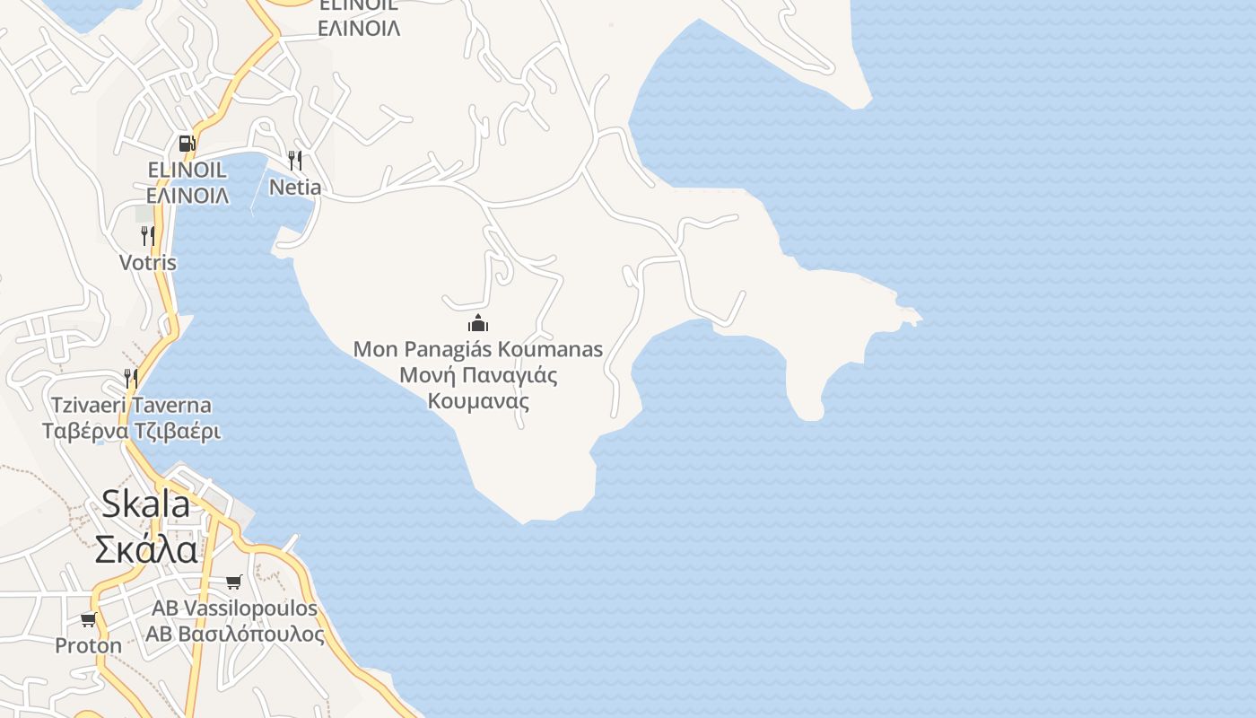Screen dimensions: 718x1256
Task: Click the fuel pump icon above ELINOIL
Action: point(187,143)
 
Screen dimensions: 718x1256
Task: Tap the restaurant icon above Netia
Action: point(294,161)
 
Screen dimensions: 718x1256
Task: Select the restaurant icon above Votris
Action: point(147,236)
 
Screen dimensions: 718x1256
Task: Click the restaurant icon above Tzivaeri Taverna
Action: point(131,378)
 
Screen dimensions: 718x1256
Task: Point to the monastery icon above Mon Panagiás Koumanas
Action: point(478,323)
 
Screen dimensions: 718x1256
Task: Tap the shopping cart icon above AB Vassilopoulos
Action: point(234,582)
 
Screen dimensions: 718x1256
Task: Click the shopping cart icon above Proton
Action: point(88,619)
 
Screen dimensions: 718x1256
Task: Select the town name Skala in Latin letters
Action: point(145,503)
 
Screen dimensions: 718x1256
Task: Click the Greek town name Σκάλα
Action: point(146,548)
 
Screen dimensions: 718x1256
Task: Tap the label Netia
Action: point(295,187)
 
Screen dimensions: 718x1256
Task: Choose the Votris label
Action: point(148,263)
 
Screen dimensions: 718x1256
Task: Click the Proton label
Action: point(88,645)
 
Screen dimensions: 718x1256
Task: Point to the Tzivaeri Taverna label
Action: point(131,405)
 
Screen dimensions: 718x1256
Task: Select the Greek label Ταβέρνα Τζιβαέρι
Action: point(131,431)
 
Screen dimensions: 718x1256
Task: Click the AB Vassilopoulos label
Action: point(234,608)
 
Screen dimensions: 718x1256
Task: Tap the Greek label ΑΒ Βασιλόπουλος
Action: point(235,634)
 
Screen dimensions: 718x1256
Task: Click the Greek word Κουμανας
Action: point(478,400)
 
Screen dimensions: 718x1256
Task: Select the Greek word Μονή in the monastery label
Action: point(419,374)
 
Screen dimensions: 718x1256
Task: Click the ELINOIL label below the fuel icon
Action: point(187,170)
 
